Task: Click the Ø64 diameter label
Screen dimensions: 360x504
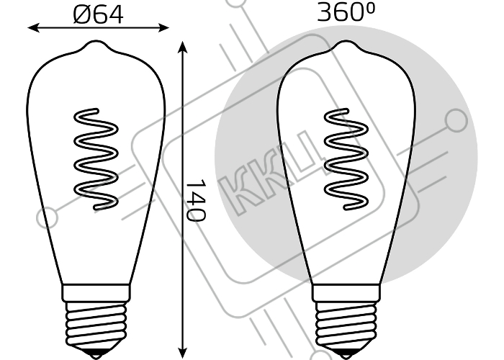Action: pos(98,13)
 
